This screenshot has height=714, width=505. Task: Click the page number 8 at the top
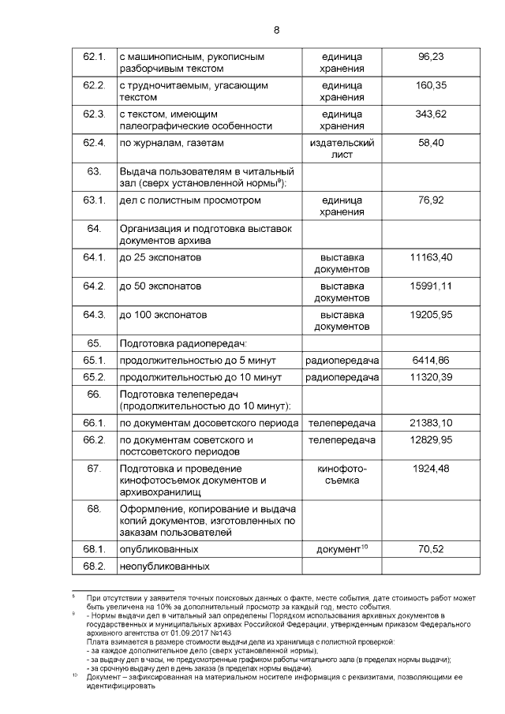[276, 31]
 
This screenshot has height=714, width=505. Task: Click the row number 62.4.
[94, 143]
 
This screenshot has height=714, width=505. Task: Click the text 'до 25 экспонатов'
[162, 257]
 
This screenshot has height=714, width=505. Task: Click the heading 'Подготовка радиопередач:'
[183, 343]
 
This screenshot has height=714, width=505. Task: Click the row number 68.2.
[94, 566]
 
